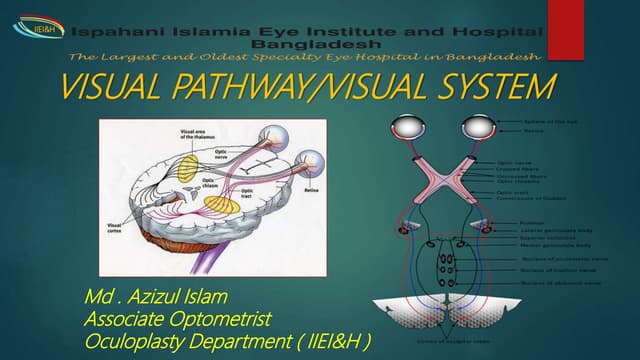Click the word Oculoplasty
click(x=139, y=342)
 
